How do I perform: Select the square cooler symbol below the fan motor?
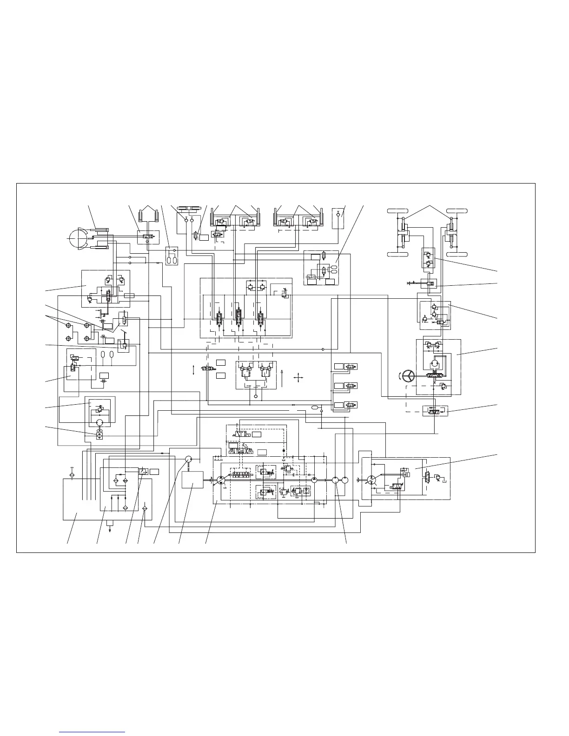click(99, 436)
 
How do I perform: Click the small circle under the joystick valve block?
click(256, 397)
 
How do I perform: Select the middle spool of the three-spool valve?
click(238, 320)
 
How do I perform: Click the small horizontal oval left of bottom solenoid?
click(316, 407)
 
